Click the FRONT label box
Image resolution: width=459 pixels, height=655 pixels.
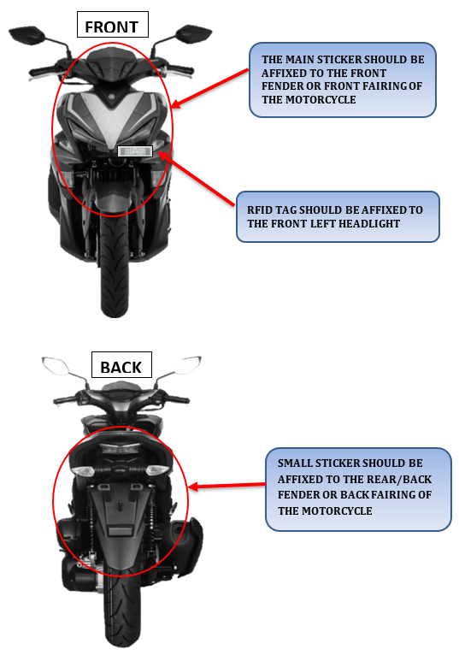coord(112,24)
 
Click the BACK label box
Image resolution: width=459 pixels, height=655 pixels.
coord(121,364)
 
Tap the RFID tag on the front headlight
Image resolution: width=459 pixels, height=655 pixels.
coord(135,151)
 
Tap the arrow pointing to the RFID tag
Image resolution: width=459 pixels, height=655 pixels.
coord(197,179)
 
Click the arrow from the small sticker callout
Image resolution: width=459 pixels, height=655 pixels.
coord(227,486)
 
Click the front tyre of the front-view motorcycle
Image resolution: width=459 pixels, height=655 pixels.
coord(115,268)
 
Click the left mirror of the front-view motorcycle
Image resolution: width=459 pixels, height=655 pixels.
coord(26,35)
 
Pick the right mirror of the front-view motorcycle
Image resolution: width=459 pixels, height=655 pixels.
coord(193,33)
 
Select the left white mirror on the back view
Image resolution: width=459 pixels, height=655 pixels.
coord(55,365)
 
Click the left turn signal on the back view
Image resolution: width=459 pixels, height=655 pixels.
coord(84,471)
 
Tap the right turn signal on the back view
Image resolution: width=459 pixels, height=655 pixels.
coord(158,470)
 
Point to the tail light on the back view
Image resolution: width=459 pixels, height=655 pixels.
coord(120,449)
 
